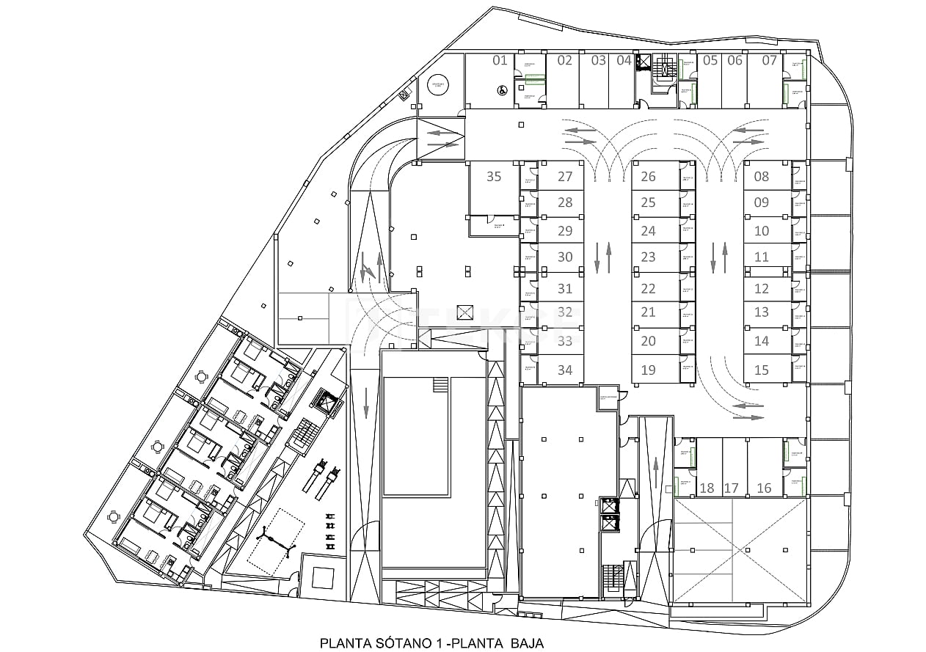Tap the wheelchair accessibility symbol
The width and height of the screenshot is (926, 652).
point(502,90)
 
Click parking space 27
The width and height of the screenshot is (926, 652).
point(564,177)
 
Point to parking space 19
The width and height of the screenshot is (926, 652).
point(648,370)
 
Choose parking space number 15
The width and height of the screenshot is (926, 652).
point(762,370)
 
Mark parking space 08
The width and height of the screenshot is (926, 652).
point(762,176)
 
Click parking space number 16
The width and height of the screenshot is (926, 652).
point(764,488)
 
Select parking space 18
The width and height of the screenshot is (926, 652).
point(707,488)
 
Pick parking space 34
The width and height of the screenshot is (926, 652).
point(564,370)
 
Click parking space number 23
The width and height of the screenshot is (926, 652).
point(648,257)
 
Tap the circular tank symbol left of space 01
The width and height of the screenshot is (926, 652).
point(440,85)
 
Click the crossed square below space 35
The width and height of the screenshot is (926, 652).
point(464,312)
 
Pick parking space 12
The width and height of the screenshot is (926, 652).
point(762,289)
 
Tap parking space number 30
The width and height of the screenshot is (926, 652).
point(564,257)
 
